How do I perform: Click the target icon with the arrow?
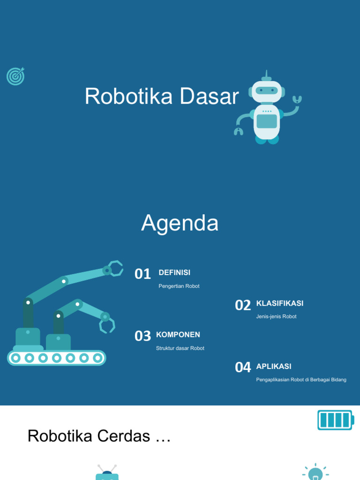tap(15, 76)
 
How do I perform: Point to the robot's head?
tap(266, 90)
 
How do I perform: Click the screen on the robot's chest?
tap(266, 121)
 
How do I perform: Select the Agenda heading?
tap(180, 223)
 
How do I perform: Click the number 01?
tap(142, 274)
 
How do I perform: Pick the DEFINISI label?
tap(174, 273)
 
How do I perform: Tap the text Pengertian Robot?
tap(179, 286)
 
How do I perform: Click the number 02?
tap(243, 305)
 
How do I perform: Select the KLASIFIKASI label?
tap(280, 303)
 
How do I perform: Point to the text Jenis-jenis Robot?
tap(276, 316)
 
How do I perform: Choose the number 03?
tap(142, 336)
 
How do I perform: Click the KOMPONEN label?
tap(178, 335)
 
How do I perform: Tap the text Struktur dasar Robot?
tap(180, 348)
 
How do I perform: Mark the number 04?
tap(243, 367)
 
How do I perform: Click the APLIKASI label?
tap(274, 366)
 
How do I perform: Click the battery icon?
tap(335, 420)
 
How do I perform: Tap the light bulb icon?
tap(315, 473)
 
